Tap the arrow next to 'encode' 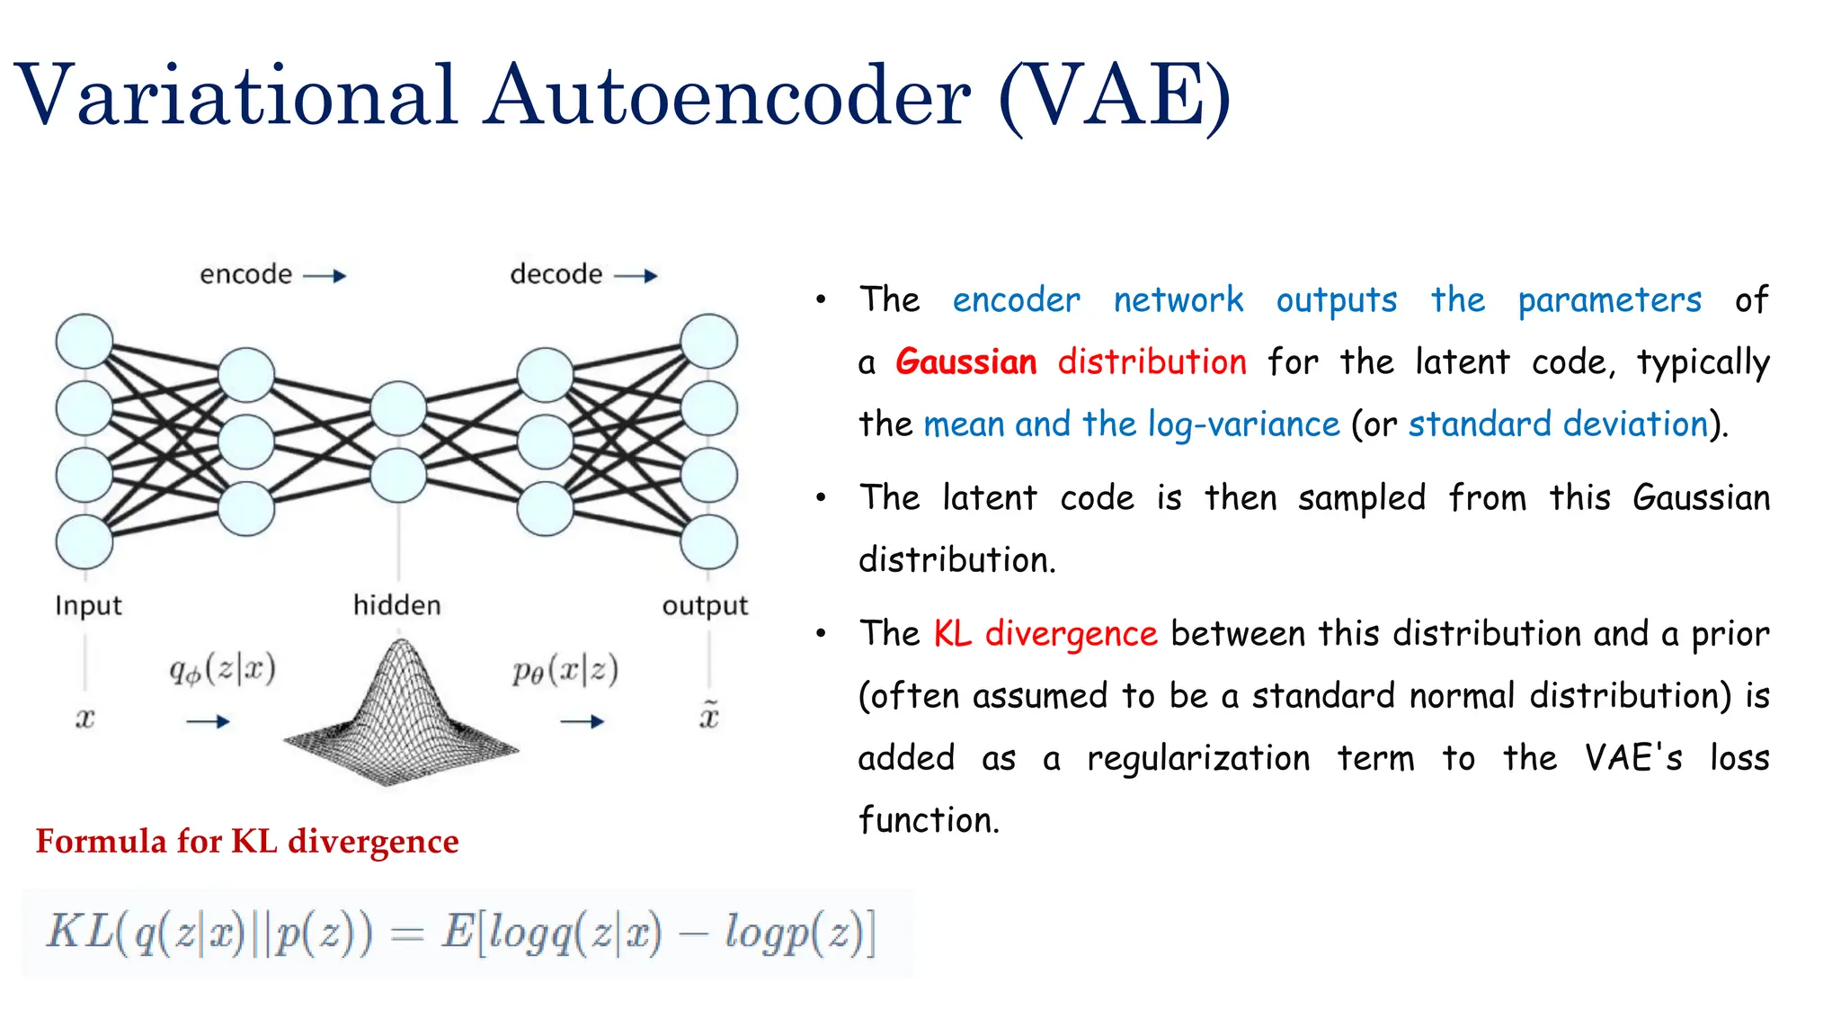tap(325, 275)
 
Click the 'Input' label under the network tap(88, 605)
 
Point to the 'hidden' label tap(396, 605)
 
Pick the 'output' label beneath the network tap(705, 606)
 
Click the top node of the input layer tap(84, 342)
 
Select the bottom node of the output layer tap(708, 542)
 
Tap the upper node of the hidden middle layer tap(398, 408)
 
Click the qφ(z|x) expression tap(222, 670)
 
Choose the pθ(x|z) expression tap(565, 670)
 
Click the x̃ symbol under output tap(709, 716)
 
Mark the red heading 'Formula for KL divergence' tap(247, 841)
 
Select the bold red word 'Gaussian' tap(966, 362)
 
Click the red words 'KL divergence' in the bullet tap(1045, 633)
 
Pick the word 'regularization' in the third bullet tap(1198, 757)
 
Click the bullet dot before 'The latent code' tap(821, 497)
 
